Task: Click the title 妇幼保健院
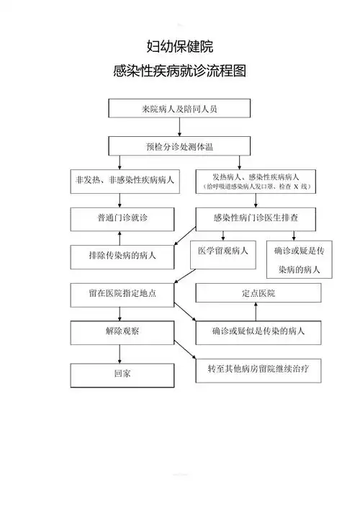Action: [179, 47]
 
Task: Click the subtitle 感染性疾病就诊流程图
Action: [179, 71]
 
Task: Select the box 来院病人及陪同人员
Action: [179, 108]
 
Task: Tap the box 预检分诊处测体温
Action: [179, 146]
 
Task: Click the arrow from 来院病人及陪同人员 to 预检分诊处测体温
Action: [179, 127]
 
